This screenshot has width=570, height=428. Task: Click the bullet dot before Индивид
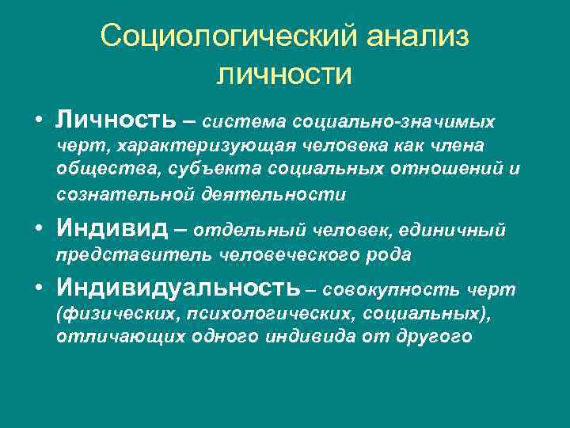click(x=38, y=230)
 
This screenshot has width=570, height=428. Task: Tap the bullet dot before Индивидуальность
click(x=38, y=287)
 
